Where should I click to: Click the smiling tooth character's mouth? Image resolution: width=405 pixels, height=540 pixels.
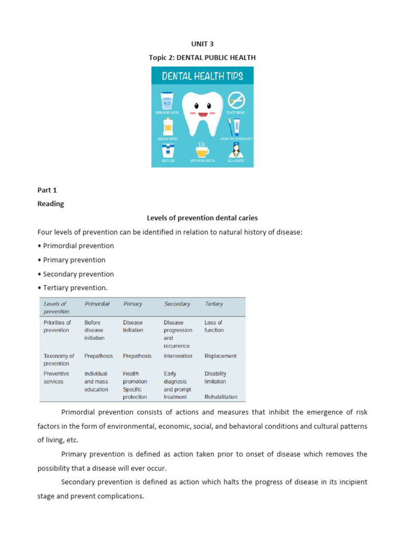pyautogui.click(x=202, y=114)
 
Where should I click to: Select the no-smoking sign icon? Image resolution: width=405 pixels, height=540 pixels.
pyautogui.click(x=235, y=100)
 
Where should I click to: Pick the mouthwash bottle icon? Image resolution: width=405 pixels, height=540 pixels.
pyautogui.click(x=168, y=126)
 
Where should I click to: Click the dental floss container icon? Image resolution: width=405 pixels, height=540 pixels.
pyautogui.click(x=168, y=150)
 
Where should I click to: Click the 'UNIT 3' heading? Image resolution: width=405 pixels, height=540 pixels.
pyautogui.click(x=202, y=44)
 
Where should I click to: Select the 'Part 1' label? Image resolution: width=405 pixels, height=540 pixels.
pyautogui.click(x=47, y=190)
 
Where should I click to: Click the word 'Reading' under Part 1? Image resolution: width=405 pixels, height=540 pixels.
pyautogui.click(x=51, y=204)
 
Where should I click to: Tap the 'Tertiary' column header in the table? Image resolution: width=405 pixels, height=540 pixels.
pyautogui.click(x=214, y=304)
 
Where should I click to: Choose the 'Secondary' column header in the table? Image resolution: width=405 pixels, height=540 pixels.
pyautogui.click(x=177, y=304)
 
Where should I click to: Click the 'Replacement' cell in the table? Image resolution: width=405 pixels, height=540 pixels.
pyautogui.click(x=220, y=356)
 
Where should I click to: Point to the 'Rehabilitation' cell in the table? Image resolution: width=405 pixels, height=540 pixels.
pyautogui.click(x=221, y=397)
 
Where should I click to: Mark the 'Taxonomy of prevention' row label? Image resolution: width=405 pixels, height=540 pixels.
pyautogui.click(x=59, y=360)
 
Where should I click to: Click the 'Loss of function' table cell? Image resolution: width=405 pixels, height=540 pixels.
pyautogui.click(x=214, y=326)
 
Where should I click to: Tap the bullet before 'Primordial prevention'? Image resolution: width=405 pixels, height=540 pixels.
pyautogui.click(x=40, y=246)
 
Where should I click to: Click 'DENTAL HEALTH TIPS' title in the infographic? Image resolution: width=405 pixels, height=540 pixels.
pyautogui.click(x=202, y=76)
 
